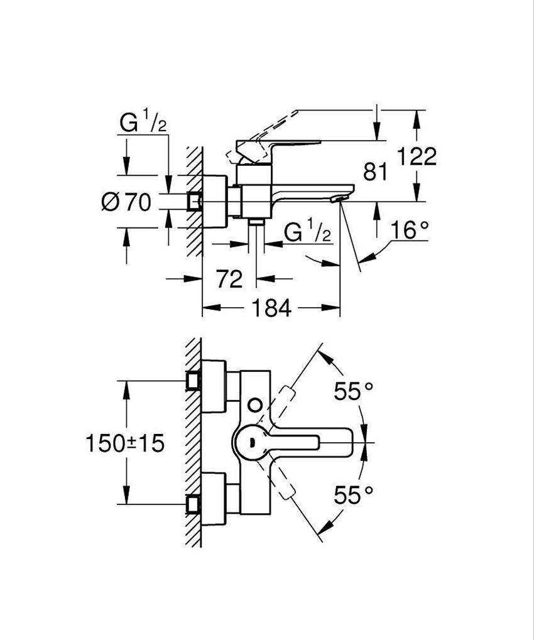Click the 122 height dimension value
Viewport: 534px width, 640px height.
click(x=417, y=156)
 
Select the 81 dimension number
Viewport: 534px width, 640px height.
click(x=376, y=171)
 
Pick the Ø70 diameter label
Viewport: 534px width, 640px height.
click(x=126, y=202)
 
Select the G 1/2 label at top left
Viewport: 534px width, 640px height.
click(x=143, y=124)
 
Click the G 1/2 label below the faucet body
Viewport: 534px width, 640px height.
click(x=307, y=232)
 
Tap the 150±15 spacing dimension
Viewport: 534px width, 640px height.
click(x=125, y=443)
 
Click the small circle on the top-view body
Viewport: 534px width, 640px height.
click(x=254, y=403)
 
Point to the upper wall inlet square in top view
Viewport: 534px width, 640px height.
click(x=193, y=381)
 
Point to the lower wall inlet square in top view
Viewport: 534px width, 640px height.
click(x=193, y=504)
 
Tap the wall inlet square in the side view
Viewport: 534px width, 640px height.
click(x=194, y=200)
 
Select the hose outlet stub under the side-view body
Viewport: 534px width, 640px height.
click(x=256, y=223)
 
